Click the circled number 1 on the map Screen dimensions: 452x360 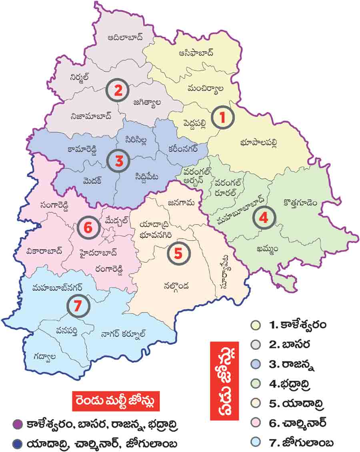tap(222, 117)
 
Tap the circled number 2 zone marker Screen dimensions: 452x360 tap(117, 90)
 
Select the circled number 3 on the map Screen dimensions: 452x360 tap(119, 161)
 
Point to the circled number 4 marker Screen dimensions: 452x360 tap(264, 217)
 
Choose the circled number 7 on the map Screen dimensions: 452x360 tap(78, 306)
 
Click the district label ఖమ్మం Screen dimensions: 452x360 tap(268, 249)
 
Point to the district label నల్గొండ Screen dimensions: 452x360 tap(176, 286)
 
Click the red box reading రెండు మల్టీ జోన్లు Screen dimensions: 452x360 tap(116, 400)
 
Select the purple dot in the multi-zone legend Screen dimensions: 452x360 tap(17, 423)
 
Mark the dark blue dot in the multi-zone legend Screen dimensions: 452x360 tap(17, 444)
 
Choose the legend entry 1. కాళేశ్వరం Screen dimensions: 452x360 tap(298, 324)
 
